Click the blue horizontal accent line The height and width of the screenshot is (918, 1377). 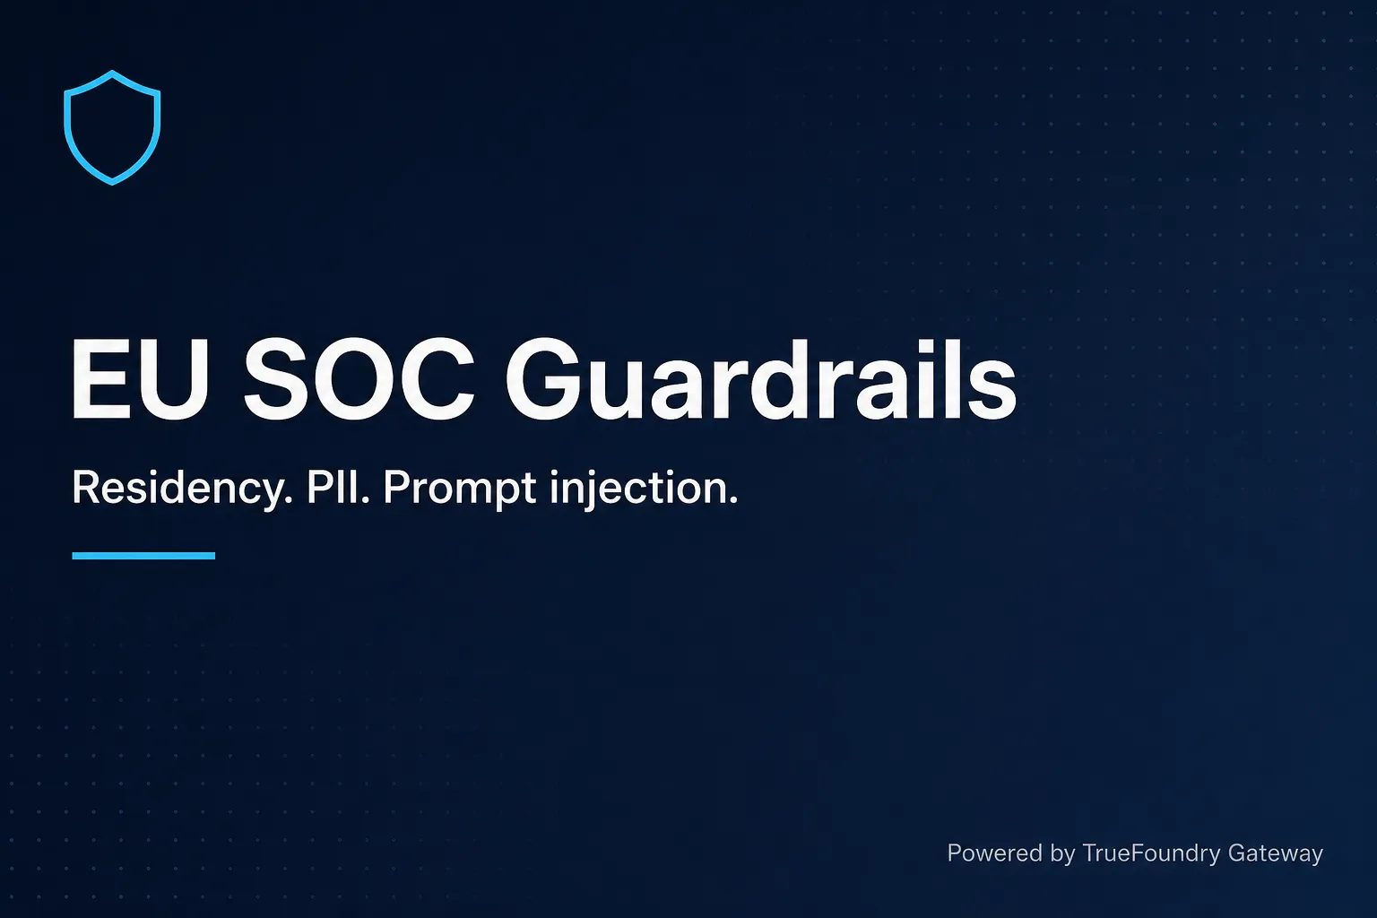pos(143,556)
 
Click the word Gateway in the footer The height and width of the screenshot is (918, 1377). pos(1276,854)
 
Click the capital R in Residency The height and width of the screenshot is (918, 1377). pos(85,487)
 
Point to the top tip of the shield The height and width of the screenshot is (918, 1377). pos(112,72)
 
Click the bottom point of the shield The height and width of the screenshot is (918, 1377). pos(112,183)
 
